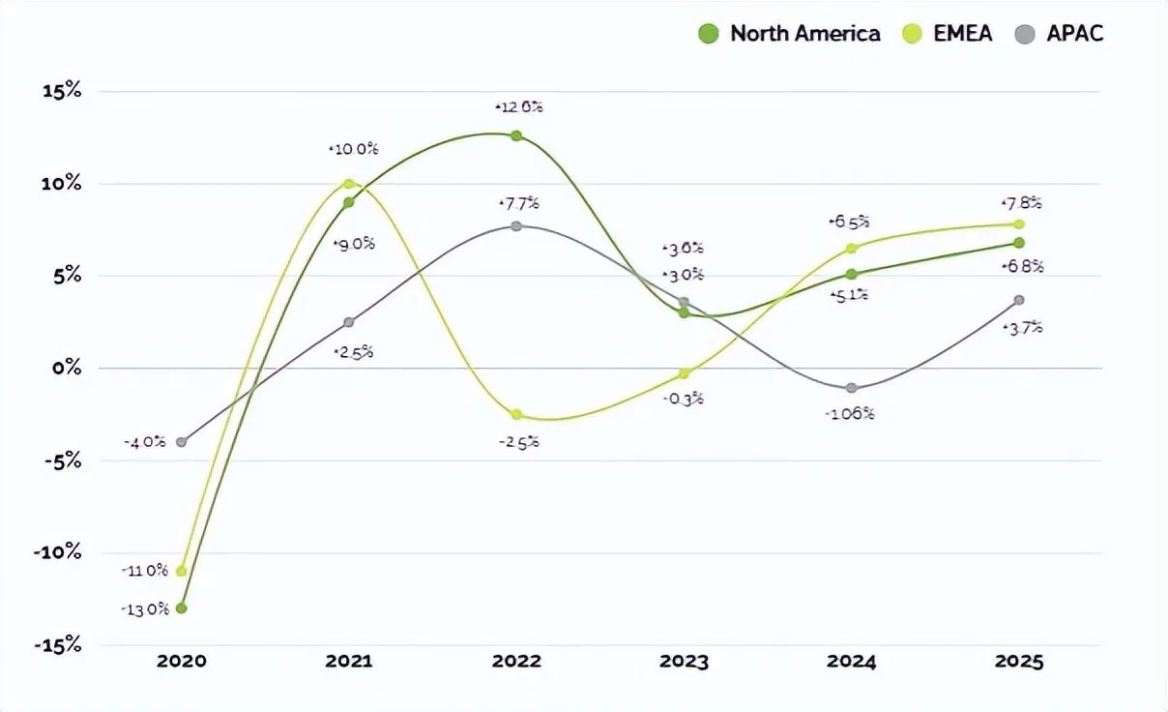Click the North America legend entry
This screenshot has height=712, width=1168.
click(x=789, y=34)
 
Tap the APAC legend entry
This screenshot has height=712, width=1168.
click(x=1059, y=34)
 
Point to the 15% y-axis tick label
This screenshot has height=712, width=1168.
click(x=61, y=92)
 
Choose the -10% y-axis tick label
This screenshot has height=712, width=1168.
click(x=57, y=552)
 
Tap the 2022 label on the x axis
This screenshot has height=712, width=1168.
click(x=516, y=663)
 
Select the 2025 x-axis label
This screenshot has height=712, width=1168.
click(x=1019, y=663)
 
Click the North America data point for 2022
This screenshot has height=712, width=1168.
click(x=516, y=136)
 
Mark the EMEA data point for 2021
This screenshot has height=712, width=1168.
click(x=349, y=184)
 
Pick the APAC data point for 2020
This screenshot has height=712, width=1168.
click(x=182, y=442)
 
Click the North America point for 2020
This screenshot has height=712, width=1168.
click(x=182, y=608)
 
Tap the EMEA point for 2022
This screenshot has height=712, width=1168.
click(x=516, y=415)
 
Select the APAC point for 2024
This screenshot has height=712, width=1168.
click(x=852, y=388)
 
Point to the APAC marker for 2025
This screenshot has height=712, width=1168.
click(x=1019, y=300)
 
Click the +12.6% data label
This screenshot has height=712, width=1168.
click(x=518, y=107)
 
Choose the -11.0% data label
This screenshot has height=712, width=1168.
click(x=145, y=571)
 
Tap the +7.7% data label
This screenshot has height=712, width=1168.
click(x=518, y=203)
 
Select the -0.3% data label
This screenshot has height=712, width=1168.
click(x=684, y=399)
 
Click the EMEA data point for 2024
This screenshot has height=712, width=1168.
click(x=852, y=249)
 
